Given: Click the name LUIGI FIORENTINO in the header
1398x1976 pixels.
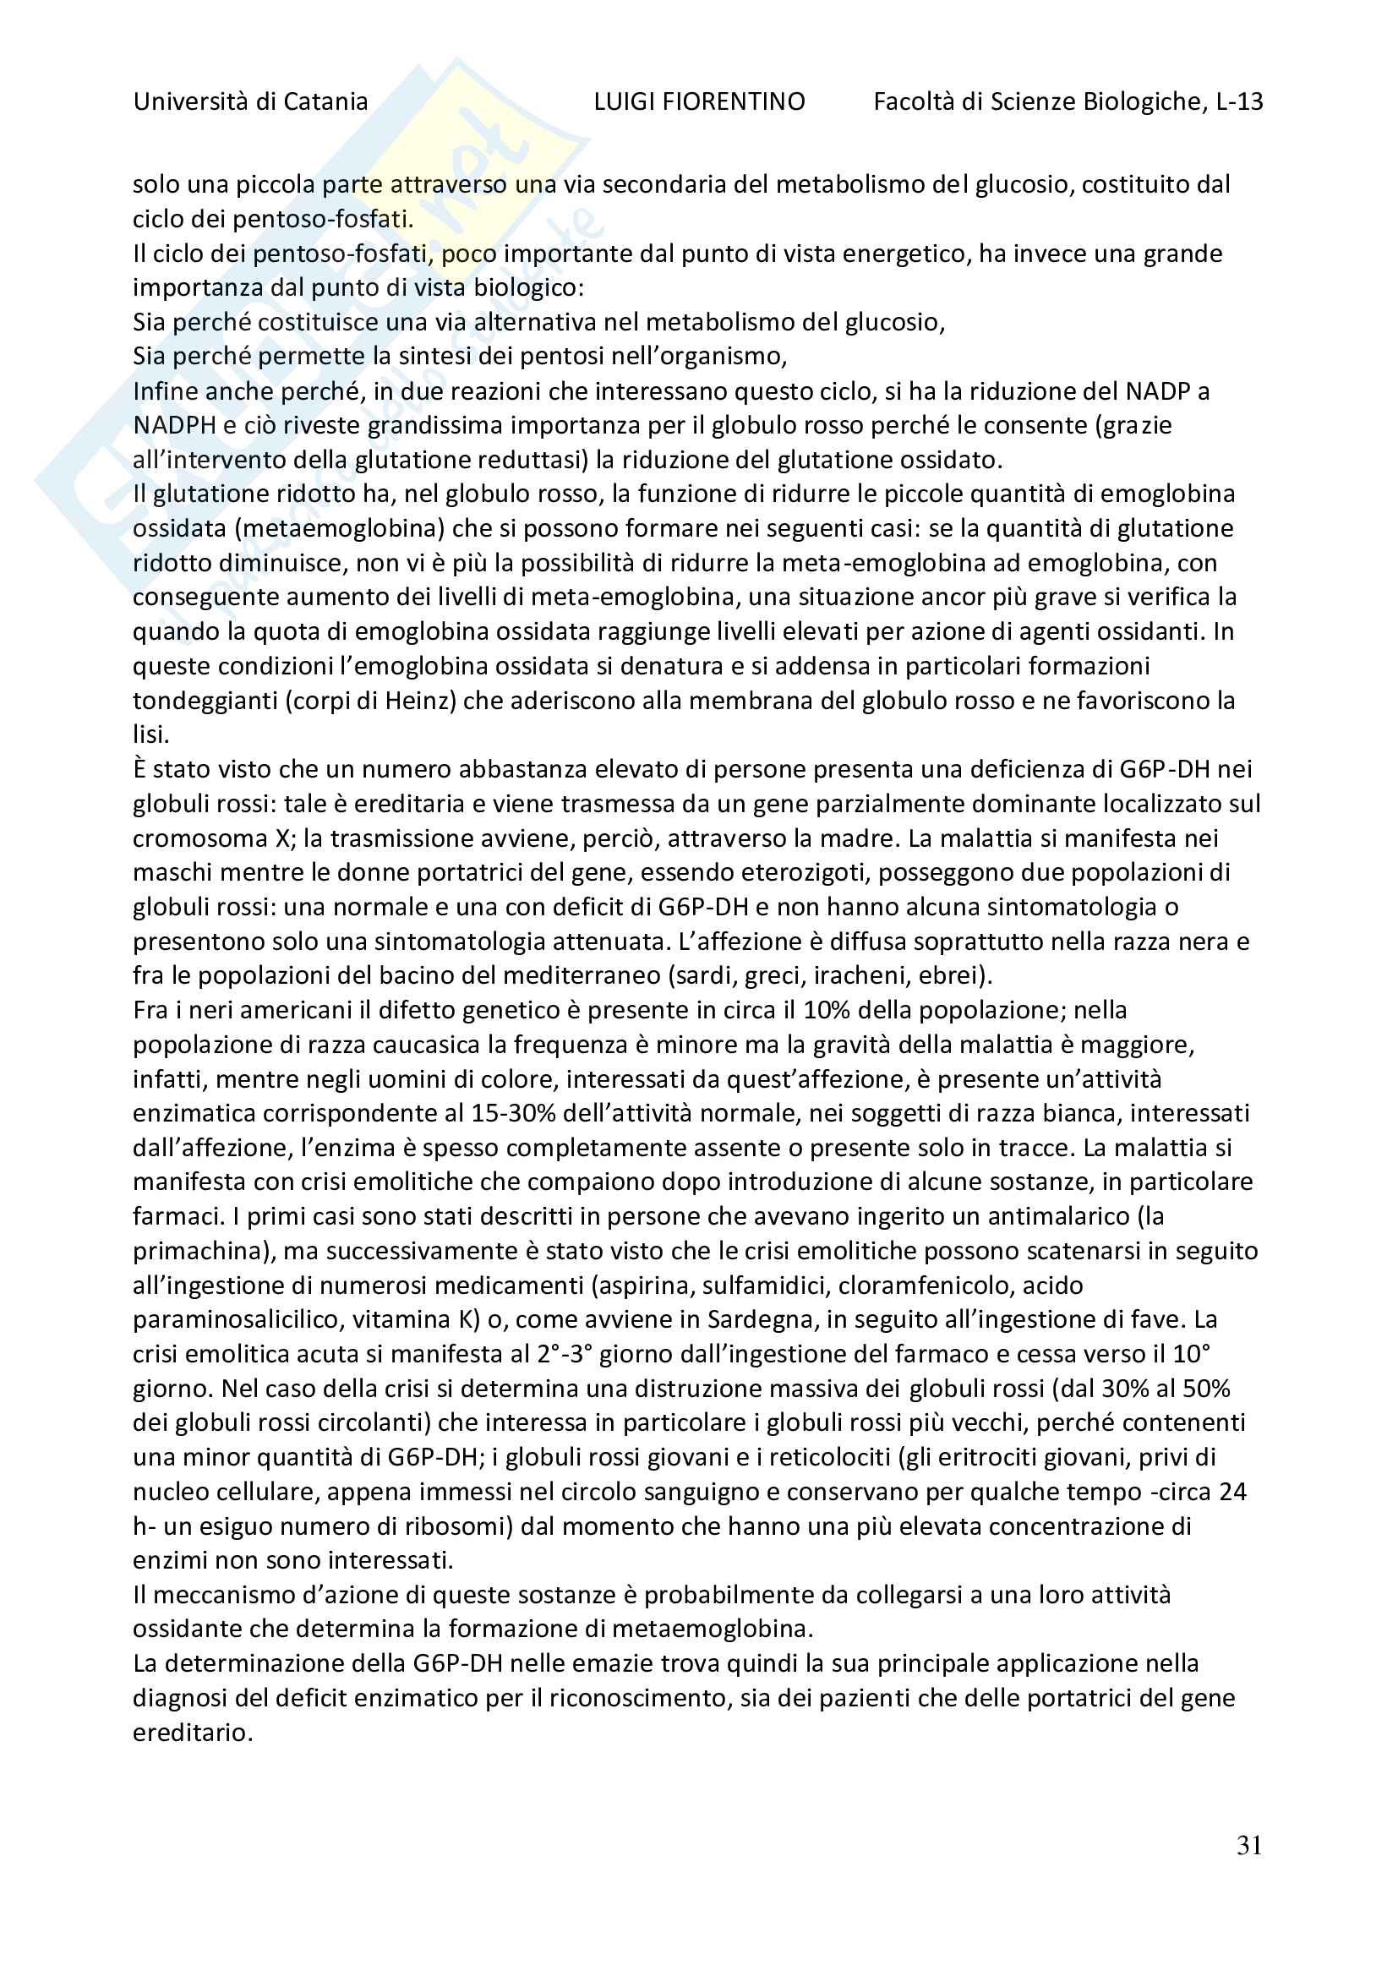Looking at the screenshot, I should click(699, 101).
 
